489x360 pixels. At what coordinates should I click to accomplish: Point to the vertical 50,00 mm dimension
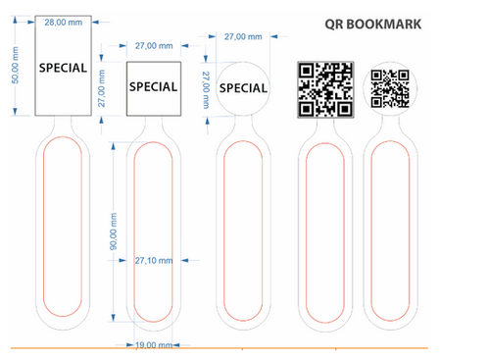click(14, 67)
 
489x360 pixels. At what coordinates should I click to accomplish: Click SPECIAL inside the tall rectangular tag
click(63, 69)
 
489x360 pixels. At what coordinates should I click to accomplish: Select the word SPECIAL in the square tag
click(154, 86)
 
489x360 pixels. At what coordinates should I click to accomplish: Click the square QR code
click(324, 88)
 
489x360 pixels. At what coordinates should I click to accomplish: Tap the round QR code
click(390, 88)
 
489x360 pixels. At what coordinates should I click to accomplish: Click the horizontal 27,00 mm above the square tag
click(153, 45)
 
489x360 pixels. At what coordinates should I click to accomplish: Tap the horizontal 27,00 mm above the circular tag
click(243, 36)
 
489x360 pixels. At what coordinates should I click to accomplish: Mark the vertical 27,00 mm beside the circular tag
click(206, 86)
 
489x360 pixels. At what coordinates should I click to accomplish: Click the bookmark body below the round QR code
click(390, 235)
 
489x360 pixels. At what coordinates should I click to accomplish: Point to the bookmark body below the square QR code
click(324, 235)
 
